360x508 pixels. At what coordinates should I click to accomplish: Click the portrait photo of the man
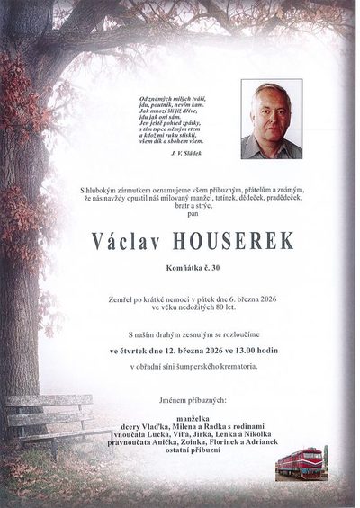[271, 120]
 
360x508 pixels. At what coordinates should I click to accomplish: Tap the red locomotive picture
[301, 463]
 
